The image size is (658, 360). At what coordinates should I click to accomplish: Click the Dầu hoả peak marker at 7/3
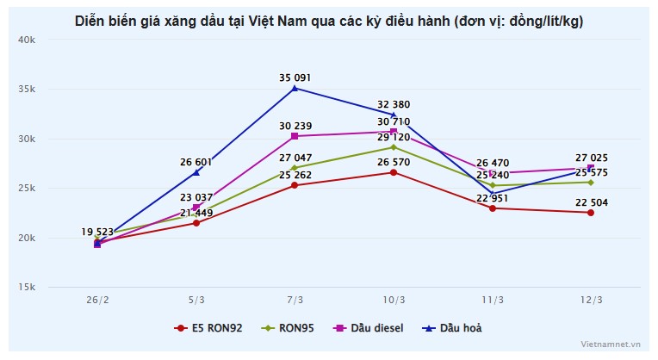(x=295, y=88)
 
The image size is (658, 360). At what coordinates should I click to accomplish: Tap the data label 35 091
(x=295, y=78)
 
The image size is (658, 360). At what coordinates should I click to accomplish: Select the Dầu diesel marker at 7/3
(x=295, y=136)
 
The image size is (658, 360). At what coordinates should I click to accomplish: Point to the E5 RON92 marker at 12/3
(x=591, y=213)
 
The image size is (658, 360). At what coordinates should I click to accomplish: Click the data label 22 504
(x=591, y=202)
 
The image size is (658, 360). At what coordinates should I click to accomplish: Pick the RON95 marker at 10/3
(x=394, y=147)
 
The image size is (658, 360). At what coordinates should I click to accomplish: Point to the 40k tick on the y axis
(x=26, y=40)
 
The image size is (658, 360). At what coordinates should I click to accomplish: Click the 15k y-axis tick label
(x=26, y=287)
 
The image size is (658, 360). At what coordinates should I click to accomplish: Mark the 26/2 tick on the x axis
(x=97, y=300)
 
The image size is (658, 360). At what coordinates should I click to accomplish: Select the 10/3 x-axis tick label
(x=394, y=300)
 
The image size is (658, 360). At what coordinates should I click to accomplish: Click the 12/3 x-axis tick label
(x=591, y=300)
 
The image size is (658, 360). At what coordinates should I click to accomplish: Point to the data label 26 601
(x=196, y=162)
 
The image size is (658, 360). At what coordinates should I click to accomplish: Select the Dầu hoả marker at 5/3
(x=196, y=172)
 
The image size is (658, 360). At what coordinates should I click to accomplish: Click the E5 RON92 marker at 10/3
(x=394, y=172)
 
